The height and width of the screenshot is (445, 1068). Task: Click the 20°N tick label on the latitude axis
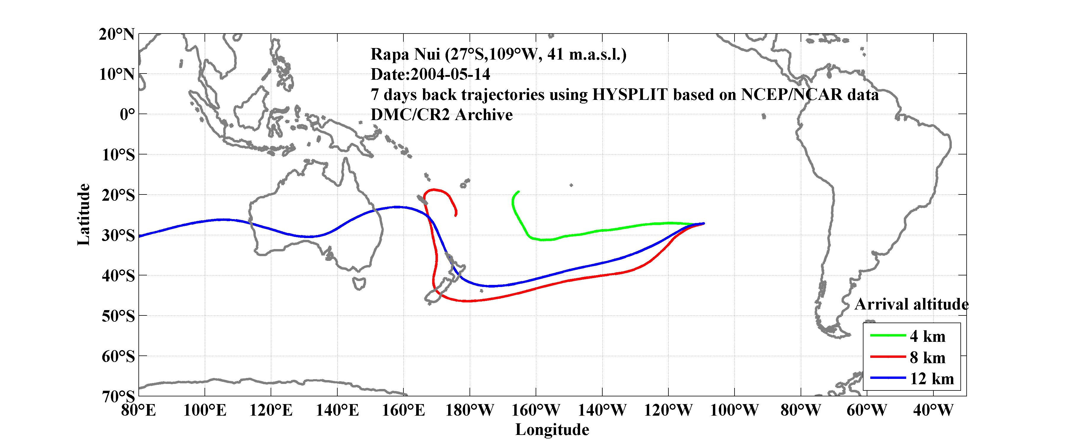pos(116,34)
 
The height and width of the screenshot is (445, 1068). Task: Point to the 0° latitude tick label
pos(127,114)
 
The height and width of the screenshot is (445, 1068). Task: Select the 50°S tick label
pos(118,316)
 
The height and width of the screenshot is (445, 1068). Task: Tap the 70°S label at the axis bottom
pos(118,396)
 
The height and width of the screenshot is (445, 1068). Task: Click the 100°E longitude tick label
pos(205,411)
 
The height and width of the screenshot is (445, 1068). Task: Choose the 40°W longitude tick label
pos(933,411)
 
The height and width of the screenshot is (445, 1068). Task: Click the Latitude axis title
pos(84,214)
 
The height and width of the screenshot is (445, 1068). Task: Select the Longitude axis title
pos(552,430)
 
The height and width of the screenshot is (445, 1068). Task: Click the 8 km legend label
pos(927,358)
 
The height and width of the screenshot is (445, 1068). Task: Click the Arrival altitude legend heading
pos(911,304)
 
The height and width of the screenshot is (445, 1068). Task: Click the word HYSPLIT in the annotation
pos(630,95)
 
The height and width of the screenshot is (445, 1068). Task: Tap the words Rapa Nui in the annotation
pos(405,54)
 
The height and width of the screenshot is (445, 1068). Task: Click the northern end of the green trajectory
pos(519,192)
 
